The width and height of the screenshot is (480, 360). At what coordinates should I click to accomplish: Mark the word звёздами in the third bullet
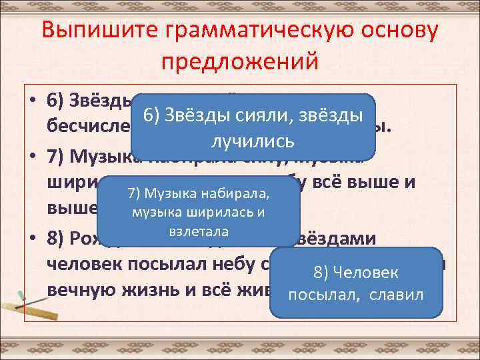[339, 239]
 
